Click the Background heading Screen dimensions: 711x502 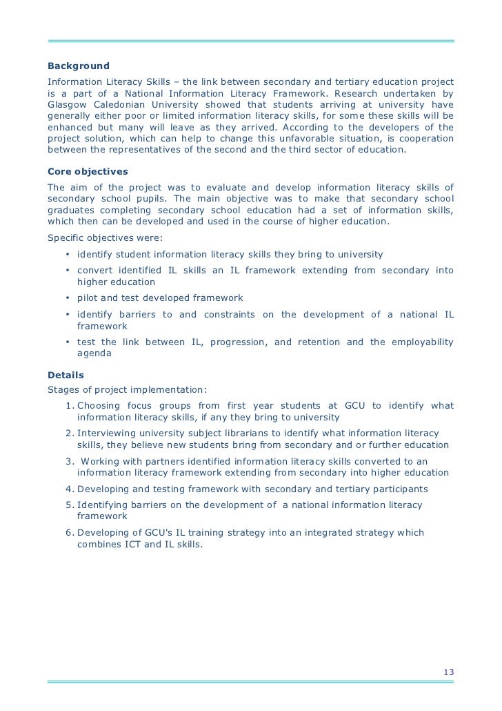tap(78, 66)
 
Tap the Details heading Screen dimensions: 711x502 tap(66, 375)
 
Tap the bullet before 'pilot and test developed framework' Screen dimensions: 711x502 tap(68, 298)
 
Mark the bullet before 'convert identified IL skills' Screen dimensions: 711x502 tap(68, 271)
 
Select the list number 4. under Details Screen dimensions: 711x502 tap(69, 489)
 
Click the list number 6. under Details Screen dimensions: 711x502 tap(69, 532)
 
